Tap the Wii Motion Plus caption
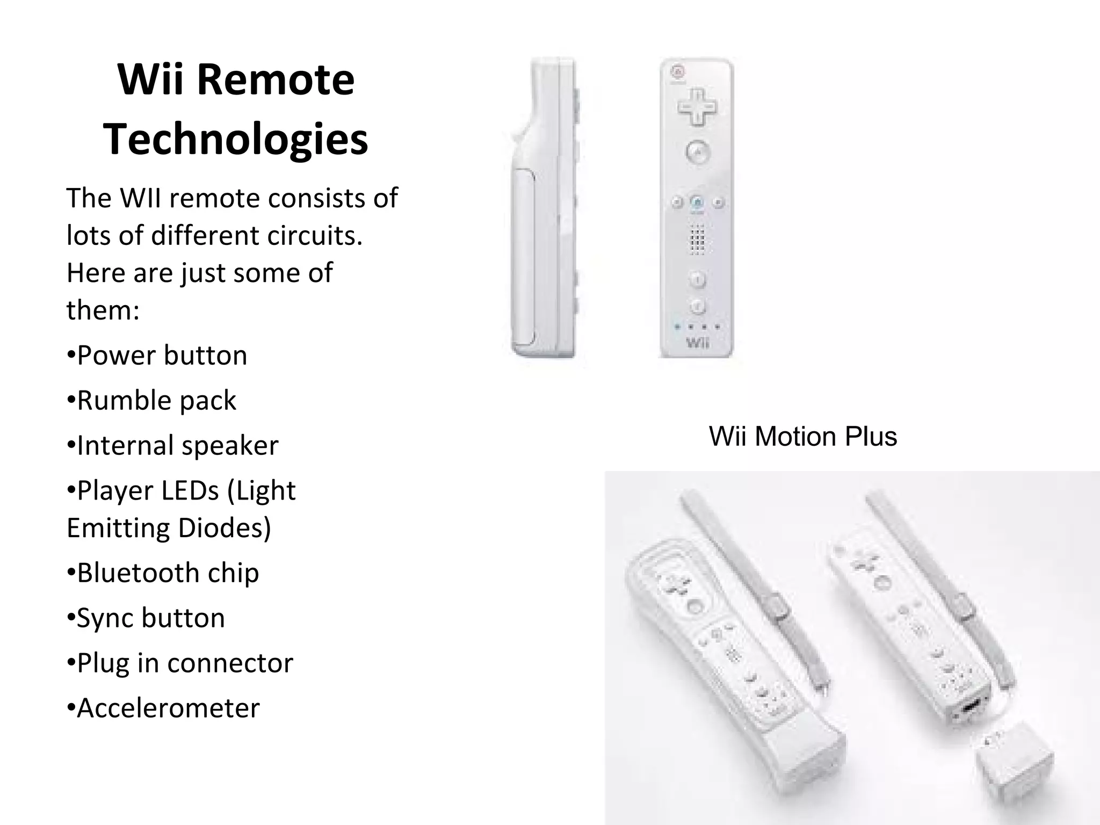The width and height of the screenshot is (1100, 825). (802, 436)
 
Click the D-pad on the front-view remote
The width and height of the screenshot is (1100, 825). (697, 107)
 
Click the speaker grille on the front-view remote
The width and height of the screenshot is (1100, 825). (697, 239)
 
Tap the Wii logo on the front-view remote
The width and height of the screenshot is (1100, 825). (697, 342)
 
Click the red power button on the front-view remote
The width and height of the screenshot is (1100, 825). (677, 71)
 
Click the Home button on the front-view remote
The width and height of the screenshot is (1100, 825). (697, 202)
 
